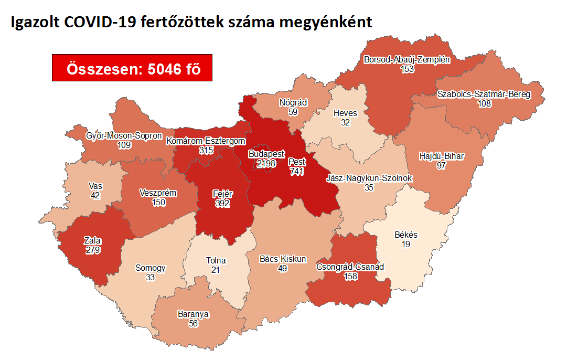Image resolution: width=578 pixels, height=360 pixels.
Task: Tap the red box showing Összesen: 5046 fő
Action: (x=132, y=68)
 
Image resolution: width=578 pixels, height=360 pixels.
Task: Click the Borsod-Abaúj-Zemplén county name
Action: (x=407, y=60)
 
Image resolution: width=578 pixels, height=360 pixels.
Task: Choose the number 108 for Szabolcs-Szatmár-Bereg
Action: (x=484, y=103)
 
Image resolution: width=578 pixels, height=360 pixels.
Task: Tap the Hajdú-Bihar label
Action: (x=442, y=156)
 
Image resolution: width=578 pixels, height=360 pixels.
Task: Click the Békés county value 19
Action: (x=406, y=244)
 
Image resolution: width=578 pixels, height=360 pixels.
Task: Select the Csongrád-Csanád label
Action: (x=350, y=267)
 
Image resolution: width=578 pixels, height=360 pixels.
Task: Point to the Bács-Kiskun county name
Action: (x=283, y=259)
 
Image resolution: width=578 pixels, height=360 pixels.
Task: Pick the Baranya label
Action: (x=194, y=314)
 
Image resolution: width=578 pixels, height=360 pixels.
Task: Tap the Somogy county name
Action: (x=151, y=268)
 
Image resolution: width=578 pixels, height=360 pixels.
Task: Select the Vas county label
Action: (x=95, y=186)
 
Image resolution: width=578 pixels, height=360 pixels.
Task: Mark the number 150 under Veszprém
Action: (x=158, y=202)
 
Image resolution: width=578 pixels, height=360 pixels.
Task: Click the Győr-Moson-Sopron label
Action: (x=124, y=136)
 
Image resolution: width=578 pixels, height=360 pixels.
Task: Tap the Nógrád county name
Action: (x=293, y=102)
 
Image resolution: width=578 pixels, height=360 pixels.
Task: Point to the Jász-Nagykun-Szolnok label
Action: (x=369, y=178)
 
